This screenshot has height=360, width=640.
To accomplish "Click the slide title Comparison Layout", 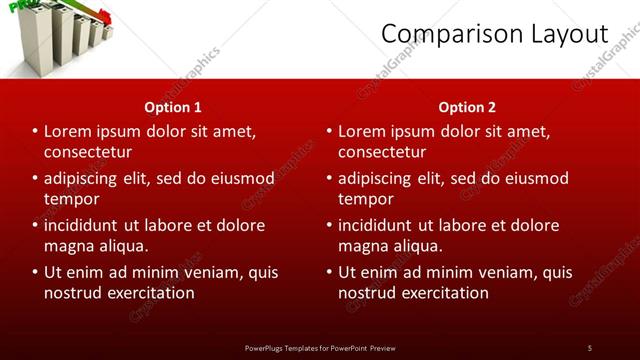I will (495, 35).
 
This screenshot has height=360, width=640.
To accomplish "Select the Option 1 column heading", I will (173, 107).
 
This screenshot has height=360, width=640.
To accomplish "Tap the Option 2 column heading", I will (467, 107).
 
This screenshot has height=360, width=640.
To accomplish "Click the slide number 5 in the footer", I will (589, 347).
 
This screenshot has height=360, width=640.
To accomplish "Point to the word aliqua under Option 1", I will (120, 246).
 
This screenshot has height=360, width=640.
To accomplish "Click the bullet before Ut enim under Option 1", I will (35, 272).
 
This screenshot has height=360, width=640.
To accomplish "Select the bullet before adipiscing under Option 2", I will (329, 179).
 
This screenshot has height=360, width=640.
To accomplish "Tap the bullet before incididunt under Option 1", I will (35, 225).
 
